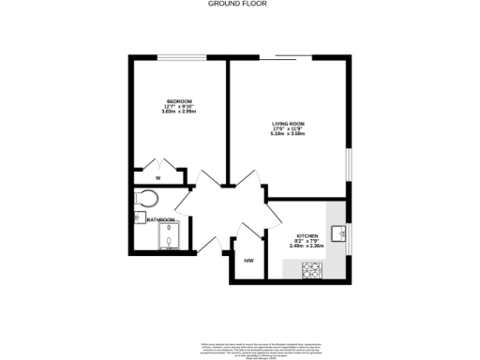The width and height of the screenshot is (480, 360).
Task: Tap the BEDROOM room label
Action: (x=179, y=101)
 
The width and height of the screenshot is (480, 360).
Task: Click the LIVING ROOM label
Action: (x=290, y=123)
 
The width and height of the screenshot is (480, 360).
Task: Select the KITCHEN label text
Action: (x=308, y=235)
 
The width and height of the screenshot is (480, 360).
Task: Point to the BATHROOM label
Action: (x=161, y=220)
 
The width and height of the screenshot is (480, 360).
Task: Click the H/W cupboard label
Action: (x=249, y=261)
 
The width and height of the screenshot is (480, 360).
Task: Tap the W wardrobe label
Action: (x=157, y=177)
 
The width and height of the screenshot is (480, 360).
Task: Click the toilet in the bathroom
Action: (x=144, y=200)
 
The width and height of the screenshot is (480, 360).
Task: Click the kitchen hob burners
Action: (x=312, y=271)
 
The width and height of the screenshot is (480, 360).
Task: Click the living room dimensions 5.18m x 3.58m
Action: (x=290, y=134)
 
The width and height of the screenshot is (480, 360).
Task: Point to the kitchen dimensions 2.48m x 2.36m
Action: (x=308, y=247)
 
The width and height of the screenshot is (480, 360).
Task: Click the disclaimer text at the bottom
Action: (x=240, y=346)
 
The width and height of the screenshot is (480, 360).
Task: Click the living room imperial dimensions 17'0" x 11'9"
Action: (x=290, y=128)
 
